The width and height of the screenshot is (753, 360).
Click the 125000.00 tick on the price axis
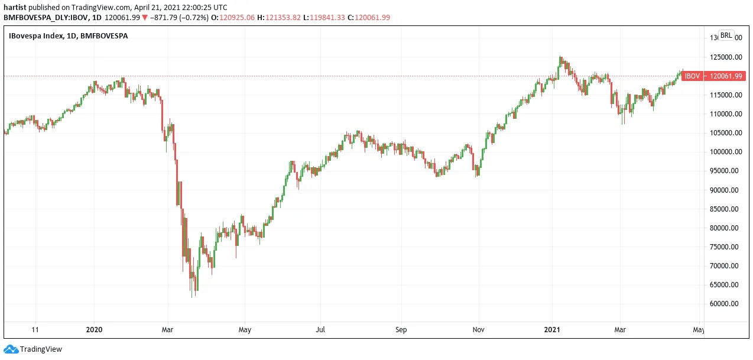point(726,57)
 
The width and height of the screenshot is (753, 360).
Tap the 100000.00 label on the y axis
point(726,152)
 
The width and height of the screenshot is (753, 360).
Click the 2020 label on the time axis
point(94,330)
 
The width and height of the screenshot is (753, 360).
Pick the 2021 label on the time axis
point(552,330)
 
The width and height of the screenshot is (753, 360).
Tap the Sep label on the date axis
point(401,330)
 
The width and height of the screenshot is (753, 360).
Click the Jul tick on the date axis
point(320,330)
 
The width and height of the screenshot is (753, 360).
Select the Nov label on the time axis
point(478,330)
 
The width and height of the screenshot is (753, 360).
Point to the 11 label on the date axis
point(35,330)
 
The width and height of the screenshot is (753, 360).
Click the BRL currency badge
point(726,35)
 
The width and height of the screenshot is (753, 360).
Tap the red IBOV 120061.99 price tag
point(713,76)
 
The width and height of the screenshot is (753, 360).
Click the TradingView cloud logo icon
point(11,349)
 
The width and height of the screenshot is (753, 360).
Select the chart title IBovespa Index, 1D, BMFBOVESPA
point(68,36)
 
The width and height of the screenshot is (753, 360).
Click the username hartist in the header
point(15,8)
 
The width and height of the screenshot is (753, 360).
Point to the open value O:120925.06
point(233,18)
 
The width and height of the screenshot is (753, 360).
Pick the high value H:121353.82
point(279,18)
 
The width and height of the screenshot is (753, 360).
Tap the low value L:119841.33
point(324,18)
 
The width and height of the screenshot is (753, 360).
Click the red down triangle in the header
point(145,18)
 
